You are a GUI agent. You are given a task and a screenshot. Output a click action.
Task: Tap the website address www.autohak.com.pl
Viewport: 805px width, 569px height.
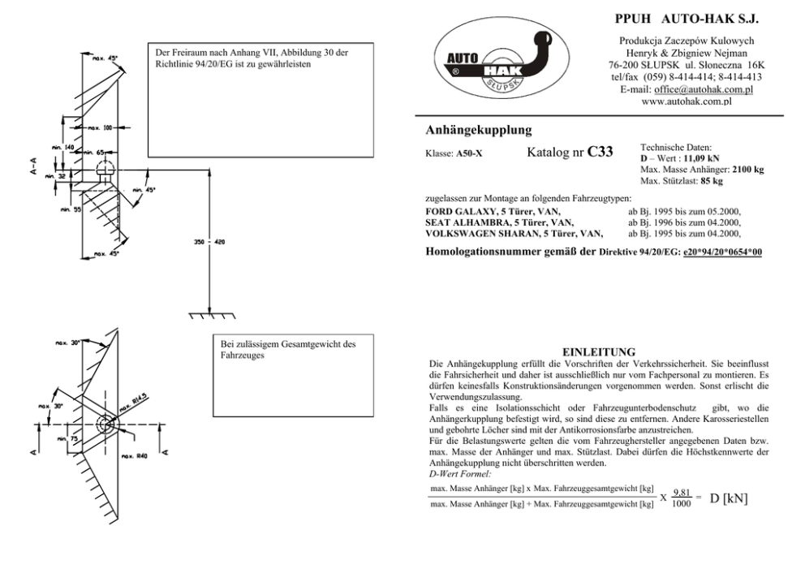[x=687, y=101]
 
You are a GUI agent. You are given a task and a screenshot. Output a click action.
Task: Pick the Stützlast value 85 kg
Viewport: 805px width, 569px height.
[x=708, y=181]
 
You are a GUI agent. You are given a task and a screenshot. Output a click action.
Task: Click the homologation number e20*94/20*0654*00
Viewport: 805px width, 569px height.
[x=722, y=252]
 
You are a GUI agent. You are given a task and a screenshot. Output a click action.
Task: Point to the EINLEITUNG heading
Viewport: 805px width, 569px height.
[x=598, y=352]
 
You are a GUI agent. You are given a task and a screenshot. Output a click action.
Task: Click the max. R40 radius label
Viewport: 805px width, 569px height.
[x=135, y=457]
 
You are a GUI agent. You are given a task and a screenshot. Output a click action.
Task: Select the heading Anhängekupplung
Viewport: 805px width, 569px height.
[x=479, y=130]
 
